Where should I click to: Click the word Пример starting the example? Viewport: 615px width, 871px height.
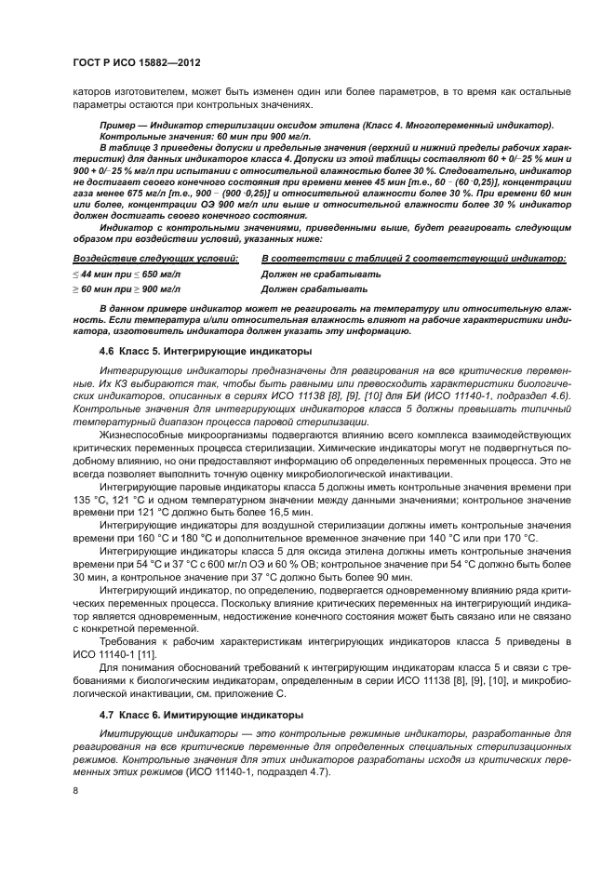[118, 125]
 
